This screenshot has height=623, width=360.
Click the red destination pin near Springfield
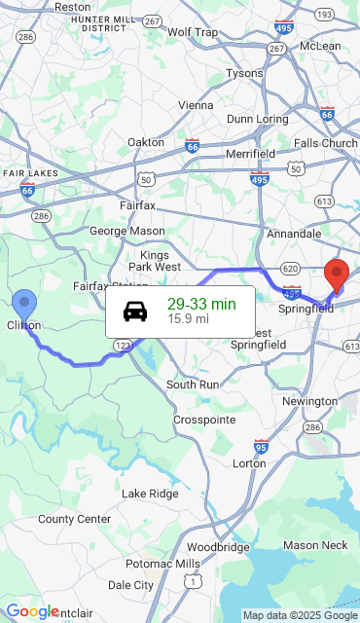tap(337, 275)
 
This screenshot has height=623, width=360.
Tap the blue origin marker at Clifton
tap(23, 305)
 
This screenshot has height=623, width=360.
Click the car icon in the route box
tap(135, 311)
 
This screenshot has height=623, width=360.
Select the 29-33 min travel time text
tap(201, 304)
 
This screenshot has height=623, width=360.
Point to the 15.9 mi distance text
tap(188, 318)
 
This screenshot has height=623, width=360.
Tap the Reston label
tap(73, 7)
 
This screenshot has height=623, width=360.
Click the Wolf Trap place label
tap(193, 32)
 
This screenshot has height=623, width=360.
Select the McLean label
tap(320, 46)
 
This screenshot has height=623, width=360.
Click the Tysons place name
tap(244, 73)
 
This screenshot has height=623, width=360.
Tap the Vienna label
tap(196, 105)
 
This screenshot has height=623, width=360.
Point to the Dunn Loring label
tap(257, 119)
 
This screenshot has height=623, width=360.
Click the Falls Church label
tap(326, 143)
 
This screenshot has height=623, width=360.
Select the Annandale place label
tap(294, 234)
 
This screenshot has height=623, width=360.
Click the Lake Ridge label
tap(150, 494)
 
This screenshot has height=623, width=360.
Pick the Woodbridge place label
tap(218, 547)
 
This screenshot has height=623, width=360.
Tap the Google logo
tap(32, 611)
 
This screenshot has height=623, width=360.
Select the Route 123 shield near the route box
tap(123, 345)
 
